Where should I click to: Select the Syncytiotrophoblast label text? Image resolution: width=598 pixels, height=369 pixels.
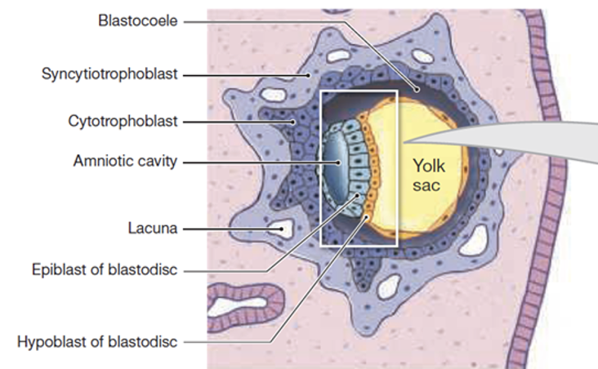pos(109,74)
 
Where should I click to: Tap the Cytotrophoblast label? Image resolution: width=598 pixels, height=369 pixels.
pos(123,122)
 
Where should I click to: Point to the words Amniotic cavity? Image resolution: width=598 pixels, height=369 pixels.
pos(124,161)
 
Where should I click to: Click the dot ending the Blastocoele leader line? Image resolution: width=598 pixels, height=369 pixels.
pos(417,87)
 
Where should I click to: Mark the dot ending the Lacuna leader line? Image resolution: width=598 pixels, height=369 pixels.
pos(283,230)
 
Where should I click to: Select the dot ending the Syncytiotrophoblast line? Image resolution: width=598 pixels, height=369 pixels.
pos(308,74)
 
